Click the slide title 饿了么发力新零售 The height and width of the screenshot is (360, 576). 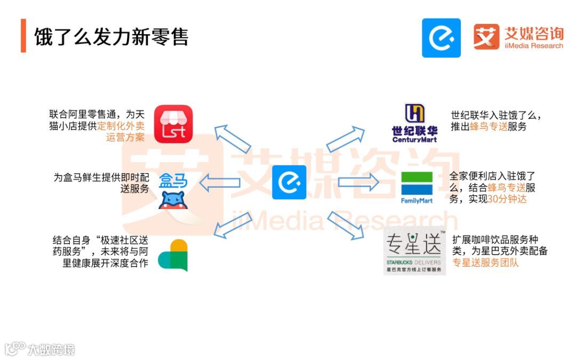[111, 37]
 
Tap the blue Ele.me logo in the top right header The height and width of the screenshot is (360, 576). [441, 38]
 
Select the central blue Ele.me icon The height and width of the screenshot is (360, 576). [289, 182]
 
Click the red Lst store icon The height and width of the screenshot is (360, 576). [173, 124]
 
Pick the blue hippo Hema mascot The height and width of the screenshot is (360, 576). [173, 199]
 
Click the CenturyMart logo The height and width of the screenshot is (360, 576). [414, 123]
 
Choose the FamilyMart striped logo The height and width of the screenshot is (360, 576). [417, 187]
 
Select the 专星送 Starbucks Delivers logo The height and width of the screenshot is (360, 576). [414, 250]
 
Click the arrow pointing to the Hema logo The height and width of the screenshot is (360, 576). [219, 183]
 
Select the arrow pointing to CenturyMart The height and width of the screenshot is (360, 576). [345, 140]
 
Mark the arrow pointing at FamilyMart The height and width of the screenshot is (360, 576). [358, 182]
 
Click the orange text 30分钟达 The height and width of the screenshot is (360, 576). [507, 199]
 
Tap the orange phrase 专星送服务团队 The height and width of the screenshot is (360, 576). [485, 262]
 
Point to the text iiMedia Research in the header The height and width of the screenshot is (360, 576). [533, 46]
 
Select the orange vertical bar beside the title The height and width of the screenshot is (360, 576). [23, 36]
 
